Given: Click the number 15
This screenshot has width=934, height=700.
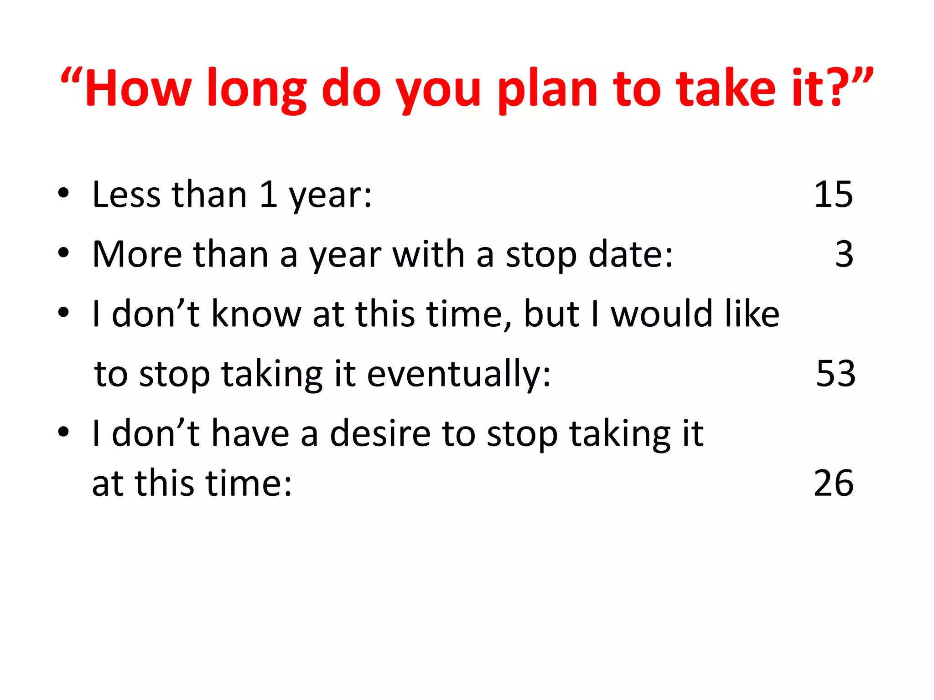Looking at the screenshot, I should pos(833,195).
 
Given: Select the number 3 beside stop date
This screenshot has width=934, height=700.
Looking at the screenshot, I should pos(844,254).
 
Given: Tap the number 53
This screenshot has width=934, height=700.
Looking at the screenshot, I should pos(835,374).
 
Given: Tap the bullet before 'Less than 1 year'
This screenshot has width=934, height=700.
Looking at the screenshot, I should pos(63,193).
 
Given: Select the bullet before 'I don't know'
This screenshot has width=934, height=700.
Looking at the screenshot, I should pos(63,313).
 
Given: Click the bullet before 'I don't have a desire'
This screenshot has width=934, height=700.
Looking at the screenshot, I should pos(63,432).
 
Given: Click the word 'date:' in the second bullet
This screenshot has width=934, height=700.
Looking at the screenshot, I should pos(630,254).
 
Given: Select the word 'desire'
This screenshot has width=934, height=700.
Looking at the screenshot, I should pos(380,433).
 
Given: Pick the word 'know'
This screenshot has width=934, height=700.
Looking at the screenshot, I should pos(256,314).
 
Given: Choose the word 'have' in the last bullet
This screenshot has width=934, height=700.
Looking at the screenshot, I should pos(250,433).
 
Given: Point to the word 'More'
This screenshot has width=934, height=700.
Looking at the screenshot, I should pos(137,254).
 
